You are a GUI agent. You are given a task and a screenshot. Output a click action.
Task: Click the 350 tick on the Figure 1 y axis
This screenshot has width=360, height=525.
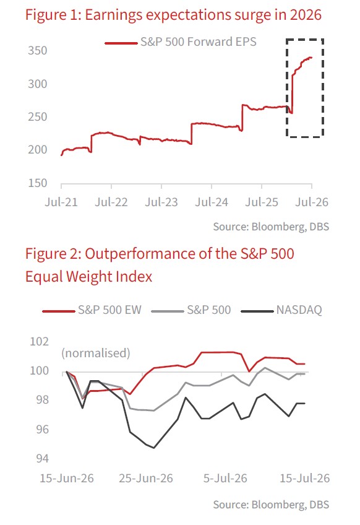pos(38,51)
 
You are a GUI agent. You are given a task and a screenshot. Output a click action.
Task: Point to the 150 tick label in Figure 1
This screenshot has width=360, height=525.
pos(38,183)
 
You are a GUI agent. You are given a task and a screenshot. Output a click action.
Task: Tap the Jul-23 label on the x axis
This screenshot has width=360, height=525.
pos(161,202)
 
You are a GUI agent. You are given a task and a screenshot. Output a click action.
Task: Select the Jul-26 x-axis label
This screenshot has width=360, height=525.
pos(312,202)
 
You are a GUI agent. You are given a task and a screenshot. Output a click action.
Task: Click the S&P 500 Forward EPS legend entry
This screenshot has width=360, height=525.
pos(181,42)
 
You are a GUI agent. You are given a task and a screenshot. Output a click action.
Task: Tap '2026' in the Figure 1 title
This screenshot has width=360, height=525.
pos(306,15)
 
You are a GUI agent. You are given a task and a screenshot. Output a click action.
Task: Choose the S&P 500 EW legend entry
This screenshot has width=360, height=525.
pos(92,310)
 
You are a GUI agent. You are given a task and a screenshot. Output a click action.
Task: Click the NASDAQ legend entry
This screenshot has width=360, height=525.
pos(281,310)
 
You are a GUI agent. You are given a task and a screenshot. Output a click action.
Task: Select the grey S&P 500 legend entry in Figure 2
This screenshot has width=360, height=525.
pos(191,310)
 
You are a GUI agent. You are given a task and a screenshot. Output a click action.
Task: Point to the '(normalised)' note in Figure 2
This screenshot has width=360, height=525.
pos(96,354)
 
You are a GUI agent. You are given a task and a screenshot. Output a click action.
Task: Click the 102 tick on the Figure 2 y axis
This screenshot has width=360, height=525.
pos(40,342)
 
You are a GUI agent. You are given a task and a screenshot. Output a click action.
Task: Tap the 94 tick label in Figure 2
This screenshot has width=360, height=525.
pos(43,458)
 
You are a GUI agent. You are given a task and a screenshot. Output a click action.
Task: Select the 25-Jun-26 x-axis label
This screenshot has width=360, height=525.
pos(146,478)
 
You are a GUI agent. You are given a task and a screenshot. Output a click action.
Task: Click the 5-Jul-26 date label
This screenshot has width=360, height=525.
pos(225,478)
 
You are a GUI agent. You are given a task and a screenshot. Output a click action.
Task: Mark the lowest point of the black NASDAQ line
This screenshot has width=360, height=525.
pos(154,448)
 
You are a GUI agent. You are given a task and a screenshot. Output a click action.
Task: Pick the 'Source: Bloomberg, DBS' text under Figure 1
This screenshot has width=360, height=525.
pos(271,227)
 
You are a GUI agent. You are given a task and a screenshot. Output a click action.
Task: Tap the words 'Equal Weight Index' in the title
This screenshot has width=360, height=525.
pos(88,277)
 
